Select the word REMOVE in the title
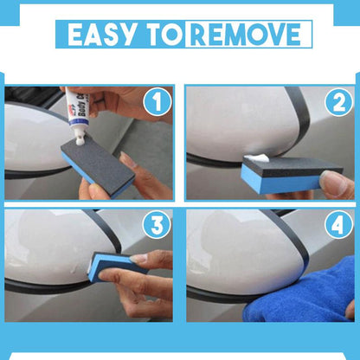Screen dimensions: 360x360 pos(247,35)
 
